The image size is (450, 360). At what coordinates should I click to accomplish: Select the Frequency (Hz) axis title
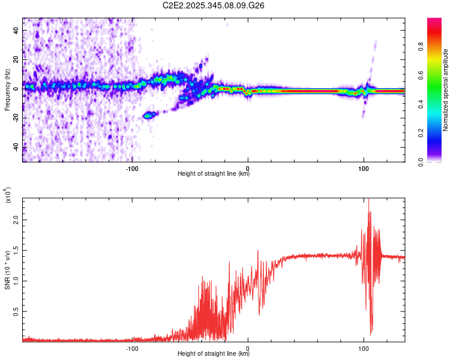(7, 90)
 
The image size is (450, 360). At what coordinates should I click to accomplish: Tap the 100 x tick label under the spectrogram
(363, 168)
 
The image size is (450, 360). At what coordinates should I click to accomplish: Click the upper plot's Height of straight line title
(214, 174)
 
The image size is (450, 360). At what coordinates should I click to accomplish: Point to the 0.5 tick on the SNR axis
(16, 311)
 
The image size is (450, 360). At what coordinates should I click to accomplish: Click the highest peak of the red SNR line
(368, 199)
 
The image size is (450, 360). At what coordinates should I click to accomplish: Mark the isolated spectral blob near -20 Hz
(149, 114)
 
